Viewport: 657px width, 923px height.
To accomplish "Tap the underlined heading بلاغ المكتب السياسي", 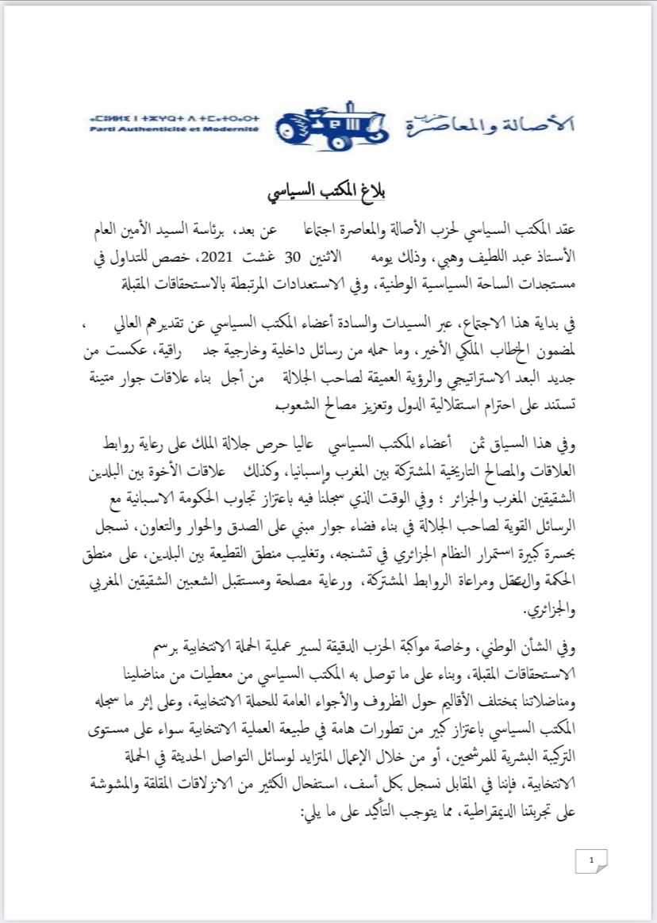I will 328,193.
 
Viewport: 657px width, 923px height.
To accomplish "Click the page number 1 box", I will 590,860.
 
